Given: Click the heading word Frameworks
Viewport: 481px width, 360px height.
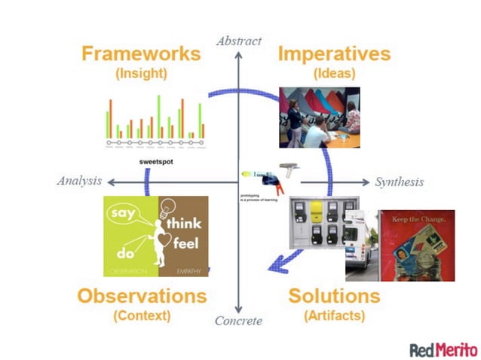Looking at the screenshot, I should point(141,54).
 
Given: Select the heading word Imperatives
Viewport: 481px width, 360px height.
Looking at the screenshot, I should point(334,54).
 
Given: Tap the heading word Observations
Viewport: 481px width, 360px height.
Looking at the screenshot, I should point(141,294).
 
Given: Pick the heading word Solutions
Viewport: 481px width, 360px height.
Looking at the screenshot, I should point(334,294).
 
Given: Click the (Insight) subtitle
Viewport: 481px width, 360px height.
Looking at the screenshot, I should point(141,74).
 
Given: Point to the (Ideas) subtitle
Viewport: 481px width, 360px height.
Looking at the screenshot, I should point(334,74).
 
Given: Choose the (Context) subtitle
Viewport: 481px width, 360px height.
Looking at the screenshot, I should point(142,315).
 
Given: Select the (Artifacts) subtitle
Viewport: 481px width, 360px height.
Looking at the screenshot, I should point(334,315).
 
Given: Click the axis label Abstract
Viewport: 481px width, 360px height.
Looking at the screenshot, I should point(238,40).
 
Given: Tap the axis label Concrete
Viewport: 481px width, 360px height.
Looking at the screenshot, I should point(239,322).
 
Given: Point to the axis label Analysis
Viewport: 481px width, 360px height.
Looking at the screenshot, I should point(78,181).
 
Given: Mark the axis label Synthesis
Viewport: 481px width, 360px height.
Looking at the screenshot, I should point(399,182).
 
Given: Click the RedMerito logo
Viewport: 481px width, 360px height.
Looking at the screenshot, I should point(443,349).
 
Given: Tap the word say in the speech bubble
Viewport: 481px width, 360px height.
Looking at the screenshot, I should point(121,214).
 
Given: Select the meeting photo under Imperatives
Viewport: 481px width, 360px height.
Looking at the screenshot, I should point(319,117).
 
